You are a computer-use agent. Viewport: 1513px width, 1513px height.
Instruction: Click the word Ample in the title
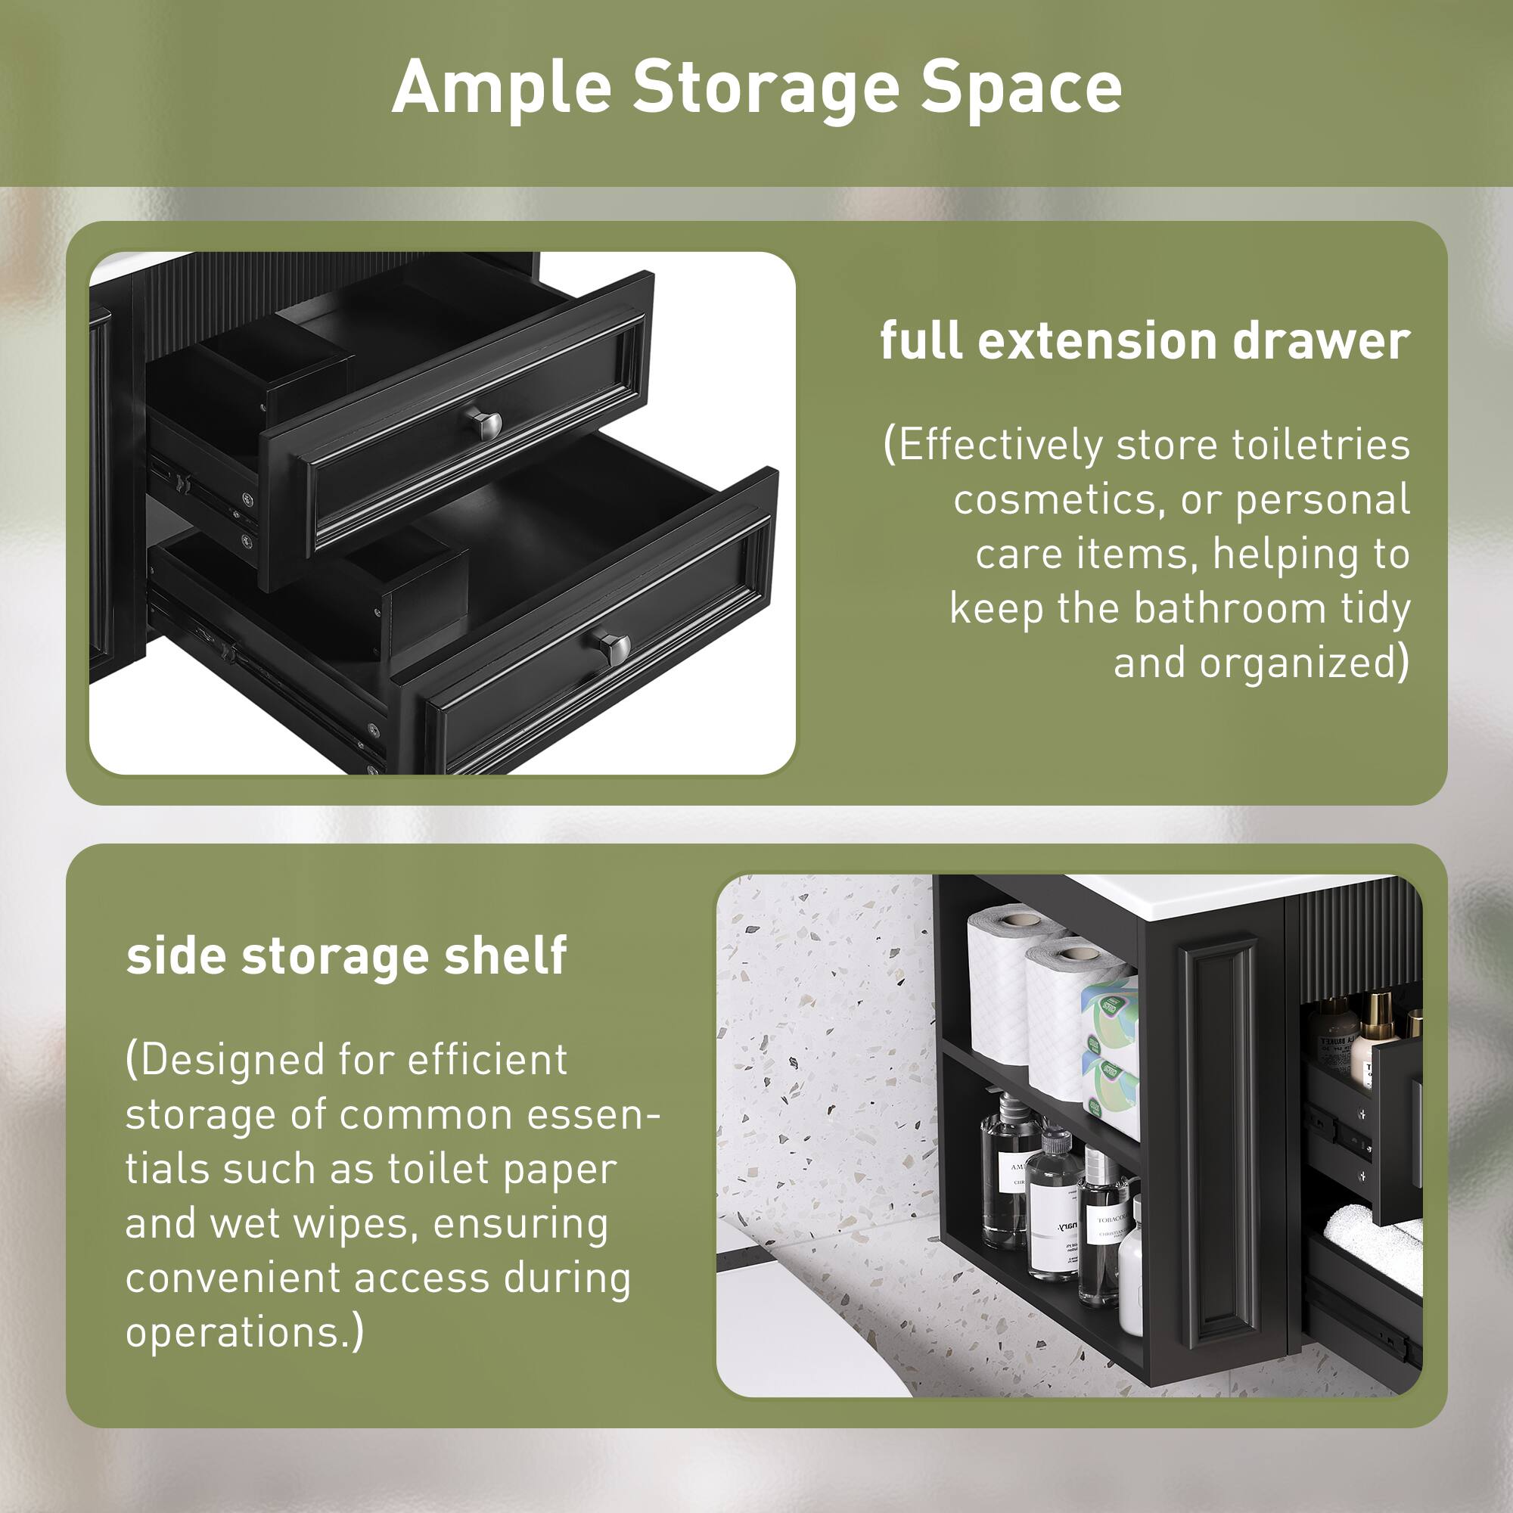coord(502,88)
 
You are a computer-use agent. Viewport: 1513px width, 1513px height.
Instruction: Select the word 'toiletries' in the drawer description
coord(1321,445)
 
